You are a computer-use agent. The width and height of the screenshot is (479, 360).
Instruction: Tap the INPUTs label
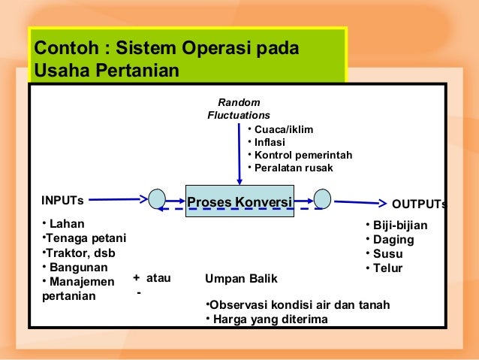click(x=62, y=201)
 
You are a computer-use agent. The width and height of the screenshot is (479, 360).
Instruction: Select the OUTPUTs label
click(x=420, y=204)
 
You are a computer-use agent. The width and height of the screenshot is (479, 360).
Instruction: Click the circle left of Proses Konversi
click(x=157, y=199)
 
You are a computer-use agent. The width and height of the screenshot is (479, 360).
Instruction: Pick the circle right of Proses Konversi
click(x=322, y=199)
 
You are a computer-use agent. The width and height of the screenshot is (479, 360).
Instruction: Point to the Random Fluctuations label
click(x=239, y=109)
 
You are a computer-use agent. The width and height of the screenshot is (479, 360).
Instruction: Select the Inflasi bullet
click(x=270, y=142)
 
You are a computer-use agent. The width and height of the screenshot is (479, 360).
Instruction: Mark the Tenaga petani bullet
click(x=83, y=238)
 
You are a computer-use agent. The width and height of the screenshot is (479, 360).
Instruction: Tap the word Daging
click(x=393, y=240)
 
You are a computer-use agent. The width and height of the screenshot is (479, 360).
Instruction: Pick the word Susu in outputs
click(x=388, y=254)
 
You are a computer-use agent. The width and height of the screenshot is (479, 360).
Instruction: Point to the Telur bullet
click(x=388, y=268)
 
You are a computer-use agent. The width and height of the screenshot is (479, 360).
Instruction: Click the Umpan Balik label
click(x=241, y=279)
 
